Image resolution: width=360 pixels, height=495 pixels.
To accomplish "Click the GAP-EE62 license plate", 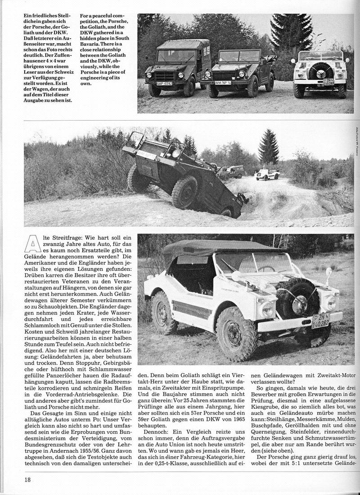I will click(164, 83).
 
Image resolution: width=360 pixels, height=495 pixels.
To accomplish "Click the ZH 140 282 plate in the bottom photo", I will click(320, 320).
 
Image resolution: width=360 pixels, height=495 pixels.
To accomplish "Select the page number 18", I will click(28, 480).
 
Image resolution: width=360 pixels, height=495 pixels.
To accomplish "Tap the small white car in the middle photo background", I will click(267, 174).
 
